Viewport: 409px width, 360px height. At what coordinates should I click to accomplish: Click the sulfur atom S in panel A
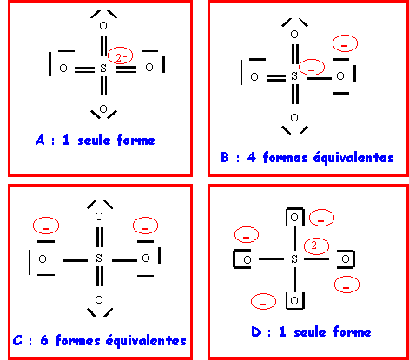point(103,69)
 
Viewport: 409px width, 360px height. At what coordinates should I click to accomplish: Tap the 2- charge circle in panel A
point(120,56)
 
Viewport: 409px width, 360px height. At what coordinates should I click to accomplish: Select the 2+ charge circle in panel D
point(316,246)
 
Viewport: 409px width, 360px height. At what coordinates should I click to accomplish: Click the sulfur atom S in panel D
point(294,259)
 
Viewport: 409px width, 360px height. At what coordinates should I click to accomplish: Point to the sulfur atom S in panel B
point(294,76)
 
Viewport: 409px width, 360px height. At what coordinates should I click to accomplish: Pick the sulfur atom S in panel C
point(99,258)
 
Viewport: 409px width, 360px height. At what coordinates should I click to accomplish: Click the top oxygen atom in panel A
point(103,26)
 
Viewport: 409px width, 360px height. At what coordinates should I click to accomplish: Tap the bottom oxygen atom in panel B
point(294,118)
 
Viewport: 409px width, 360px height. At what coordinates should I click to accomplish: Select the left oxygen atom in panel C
point(43,259)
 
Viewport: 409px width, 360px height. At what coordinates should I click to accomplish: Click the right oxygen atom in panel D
point(346,259)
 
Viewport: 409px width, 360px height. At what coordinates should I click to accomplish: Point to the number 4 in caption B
point(252,158)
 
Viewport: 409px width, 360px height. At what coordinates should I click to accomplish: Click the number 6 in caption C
point(44,340)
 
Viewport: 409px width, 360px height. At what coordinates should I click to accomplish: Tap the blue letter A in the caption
point(40,141)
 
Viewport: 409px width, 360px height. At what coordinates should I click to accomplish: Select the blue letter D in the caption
point(256,331)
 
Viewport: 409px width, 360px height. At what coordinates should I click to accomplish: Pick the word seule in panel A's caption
point(94,141)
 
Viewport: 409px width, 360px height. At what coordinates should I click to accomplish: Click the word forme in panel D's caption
point(352,331)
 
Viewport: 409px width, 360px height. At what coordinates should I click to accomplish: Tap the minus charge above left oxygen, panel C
point(46,226)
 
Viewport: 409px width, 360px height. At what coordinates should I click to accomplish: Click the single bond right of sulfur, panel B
point(320,78)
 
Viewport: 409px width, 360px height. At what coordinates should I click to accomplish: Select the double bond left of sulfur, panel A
point(84,69)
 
